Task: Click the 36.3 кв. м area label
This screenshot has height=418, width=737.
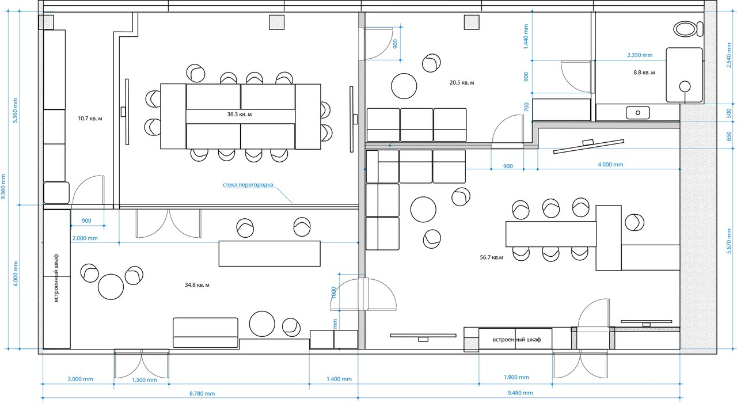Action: tap(239, 114)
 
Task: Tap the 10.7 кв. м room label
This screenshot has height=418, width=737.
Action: tap(90, 119)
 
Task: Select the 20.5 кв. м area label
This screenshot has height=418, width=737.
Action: tap(462, 82)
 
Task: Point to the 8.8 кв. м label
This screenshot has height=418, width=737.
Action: tap(644, 73)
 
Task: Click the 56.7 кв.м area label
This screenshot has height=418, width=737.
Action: tap(491, 257)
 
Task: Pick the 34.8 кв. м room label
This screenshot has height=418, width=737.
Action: tap(197, 285)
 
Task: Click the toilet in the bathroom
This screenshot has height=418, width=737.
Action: tap(688, 29)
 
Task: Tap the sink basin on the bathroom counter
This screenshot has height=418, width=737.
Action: tap(637, 113)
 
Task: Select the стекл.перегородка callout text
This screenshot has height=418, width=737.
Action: tap(248, 185)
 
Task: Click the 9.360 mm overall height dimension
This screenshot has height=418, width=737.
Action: tap(3, 187)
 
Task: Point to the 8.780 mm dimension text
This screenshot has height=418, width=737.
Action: tap(202, 394)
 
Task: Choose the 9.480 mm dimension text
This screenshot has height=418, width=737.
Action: tap(520, 393)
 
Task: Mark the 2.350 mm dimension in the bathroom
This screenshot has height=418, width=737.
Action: tap(640, 55)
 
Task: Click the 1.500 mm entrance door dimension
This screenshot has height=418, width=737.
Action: tap(144, 380)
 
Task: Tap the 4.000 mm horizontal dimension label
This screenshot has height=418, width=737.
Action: tap(610, 165)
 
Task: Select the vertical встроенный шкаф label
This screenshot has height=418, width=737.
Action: tap(56, 278)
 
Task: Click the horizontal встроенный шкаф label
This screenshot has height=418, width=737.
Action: tap(516, 339)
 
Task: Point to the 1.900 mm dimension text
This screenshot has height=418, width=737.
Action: tap(516, 377)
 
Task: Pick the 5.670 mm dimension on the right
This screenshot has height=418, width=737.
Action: tap(729, 242)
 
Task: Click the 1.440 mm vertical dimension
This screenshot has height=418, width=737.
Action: tap(526, 36)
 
